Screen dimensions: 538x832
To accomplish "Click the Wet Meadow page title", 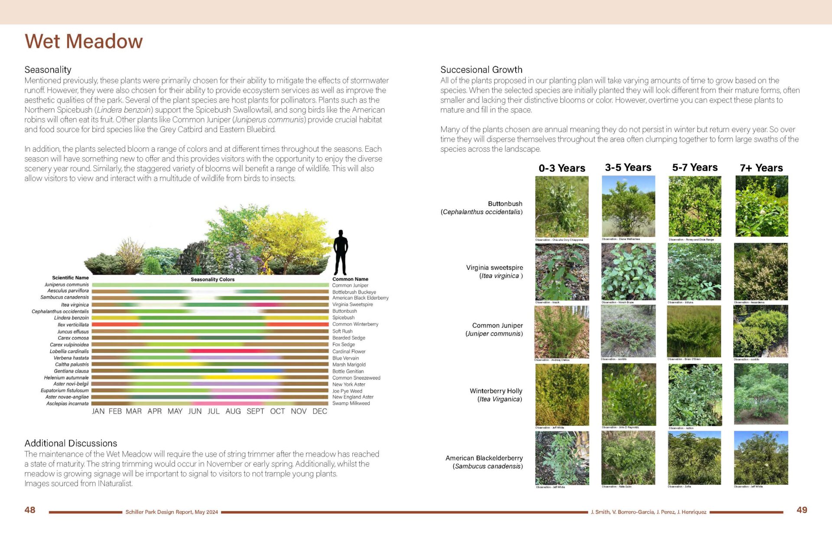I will coord(84,42).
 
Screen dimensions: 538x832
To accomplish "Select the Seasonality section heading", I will coord(48,70).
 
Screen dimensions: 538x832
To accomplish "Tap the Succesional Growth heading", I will coord(481,70).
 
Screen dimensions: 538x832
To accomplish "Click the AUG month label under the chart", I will coord(233,411).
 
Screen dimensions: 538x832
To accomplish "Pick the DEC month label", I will coord(320,411).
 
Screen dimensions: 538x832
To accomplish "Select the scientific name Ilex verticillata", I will coord(73,324).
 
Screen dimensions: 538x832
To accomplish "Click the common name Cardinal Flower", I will coord(349,351).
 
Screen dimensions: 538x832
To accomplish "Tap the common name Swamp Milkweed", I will coord(351,403).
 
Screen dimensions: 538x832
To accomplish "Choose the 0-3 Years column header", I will coord(562,168).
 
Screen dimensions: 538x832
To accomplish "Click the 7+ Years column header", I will coord(761,168).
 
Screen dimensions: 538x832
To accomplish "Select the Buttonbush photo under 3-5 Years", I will coord(628,206).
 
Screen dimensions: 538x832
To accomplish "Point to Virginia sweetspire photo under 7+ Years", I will coord(761,272).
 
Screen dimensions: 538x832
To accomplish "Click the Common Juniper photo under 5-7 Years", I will coord(694,331).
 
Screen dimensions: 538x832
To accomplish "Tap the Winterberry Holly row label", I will coord(496,391).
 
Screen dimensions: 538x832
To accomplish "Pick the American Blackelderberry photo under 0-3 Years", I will coord(562,458).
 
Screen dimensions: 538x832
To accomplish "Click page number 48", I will coord(30,510).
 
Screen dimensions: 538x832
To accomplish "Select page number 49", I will coord(802,510).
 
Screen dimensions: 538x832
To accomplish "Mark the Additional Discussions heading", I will coord(71,443).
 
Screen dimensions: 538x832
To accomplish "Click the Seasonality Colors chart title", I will coord(212,279).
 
